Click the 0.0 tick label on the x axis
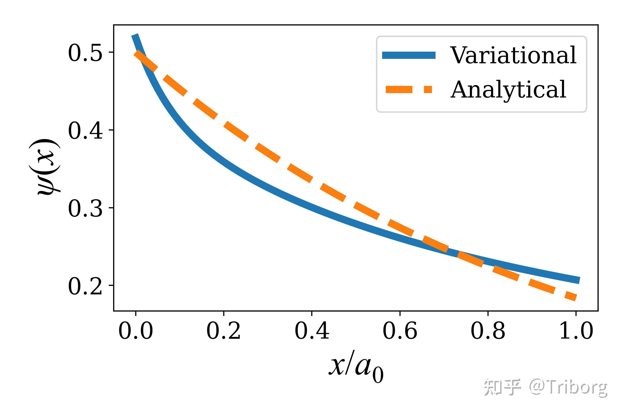(136, 331)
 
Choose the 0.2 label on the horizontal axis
(224, 331)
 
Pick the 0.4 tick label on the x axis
(312, 331)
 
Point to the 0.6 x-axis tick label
(400, 331)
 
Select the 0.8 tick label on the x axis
(488, 331)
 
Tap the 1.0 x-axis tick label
(576, 331)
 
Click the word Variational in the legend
(513, 55)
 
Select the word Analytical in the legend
(508, 90)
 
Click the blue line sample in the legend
(409, 55)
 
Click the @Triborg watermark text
(568, 388)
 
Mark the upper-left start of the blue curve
(135, 36)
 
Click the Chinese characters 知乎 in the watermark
(502, 388)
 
